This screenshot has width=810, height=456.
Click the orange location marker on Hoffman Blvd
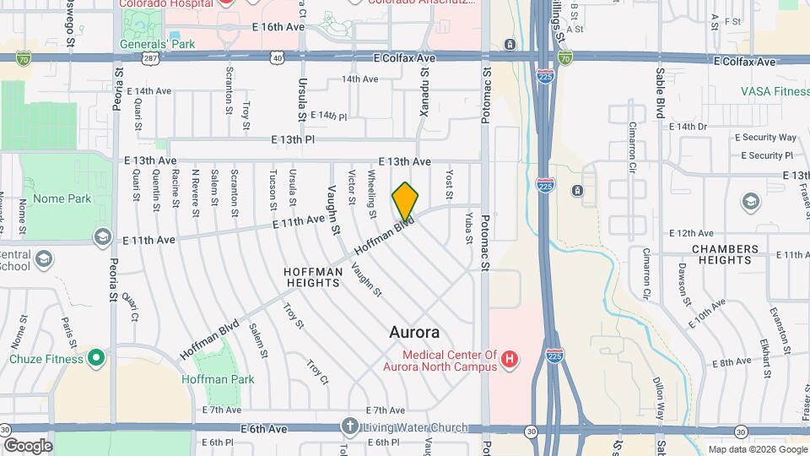click(x=405, y=201)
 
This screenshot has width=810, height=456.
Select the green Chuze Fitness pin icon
click(x=96, y=359)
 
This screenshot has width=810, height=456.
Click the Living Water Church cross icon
click(x=351, y=426)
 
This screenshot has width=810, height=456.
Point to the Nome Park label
click(x=61, y=199)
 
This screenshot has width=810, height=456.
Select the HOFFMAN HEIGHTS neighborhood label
click(x=312, y=277)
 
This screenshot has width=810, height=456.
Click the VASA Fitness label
click(x=774, y=90)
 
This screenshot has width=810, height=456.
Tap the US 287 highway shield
click(x=149, y=57)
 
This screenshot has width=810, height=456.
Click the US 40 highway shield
click(x=277, y=57)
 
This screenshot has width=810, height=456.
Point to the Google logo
click(x=28, y=446)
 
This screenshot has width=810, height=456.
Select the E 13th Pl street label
click(x=293, y=139)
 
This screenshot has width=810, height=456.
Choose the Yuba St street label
click(x=468, y=228)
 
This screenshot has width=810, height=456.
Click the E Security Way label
click(x=765, y=138)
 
